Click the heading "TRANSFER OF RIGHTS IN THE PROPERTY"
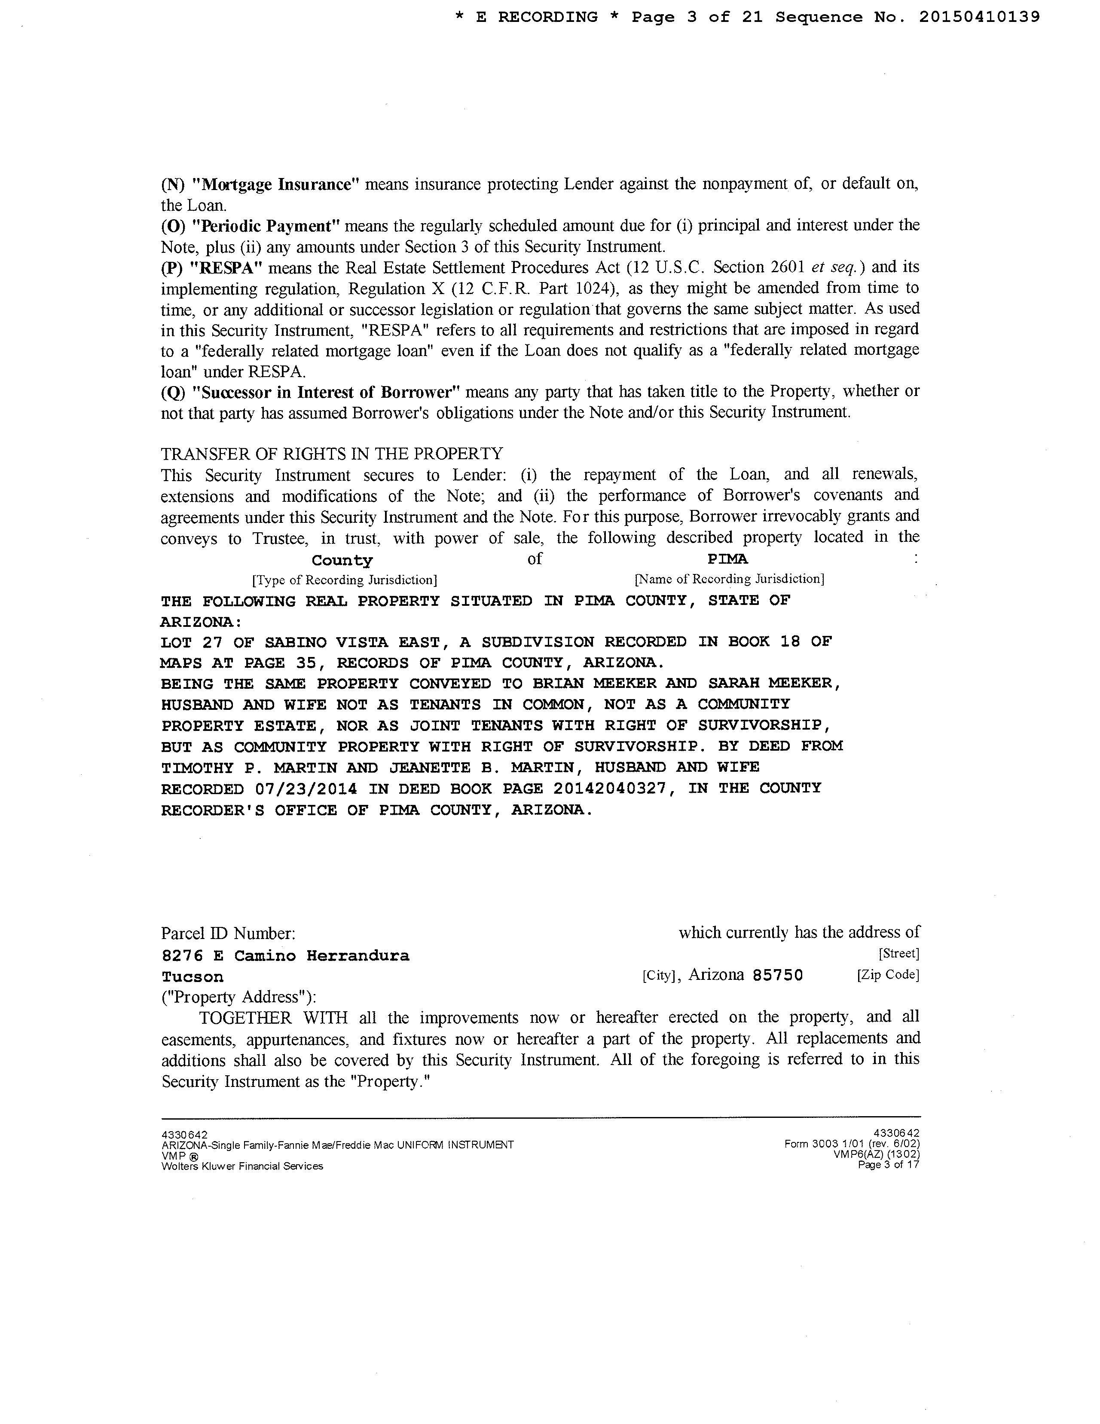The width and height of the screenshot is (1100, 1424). (x=332, y=453)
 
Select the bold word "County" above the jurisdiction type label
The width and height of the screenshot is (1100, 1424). (x=342, y=560)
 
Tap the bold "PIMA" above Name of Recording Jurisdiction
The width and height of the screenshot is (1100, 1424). (x=727, y=559)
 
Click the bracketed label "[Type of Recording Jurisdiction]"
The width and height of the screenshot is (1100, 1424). (x=344, y=580)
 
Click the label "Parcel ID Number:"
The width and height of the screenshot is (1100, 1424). (x=228, y=934)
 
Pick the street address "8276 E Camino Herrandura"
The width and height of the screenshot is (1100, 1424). (x=285, y=956)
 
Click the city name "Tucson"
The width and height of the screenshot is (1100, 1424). (x=192, y=977)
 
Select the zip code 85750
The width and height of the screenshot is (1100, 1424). (x=777, y=976)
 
